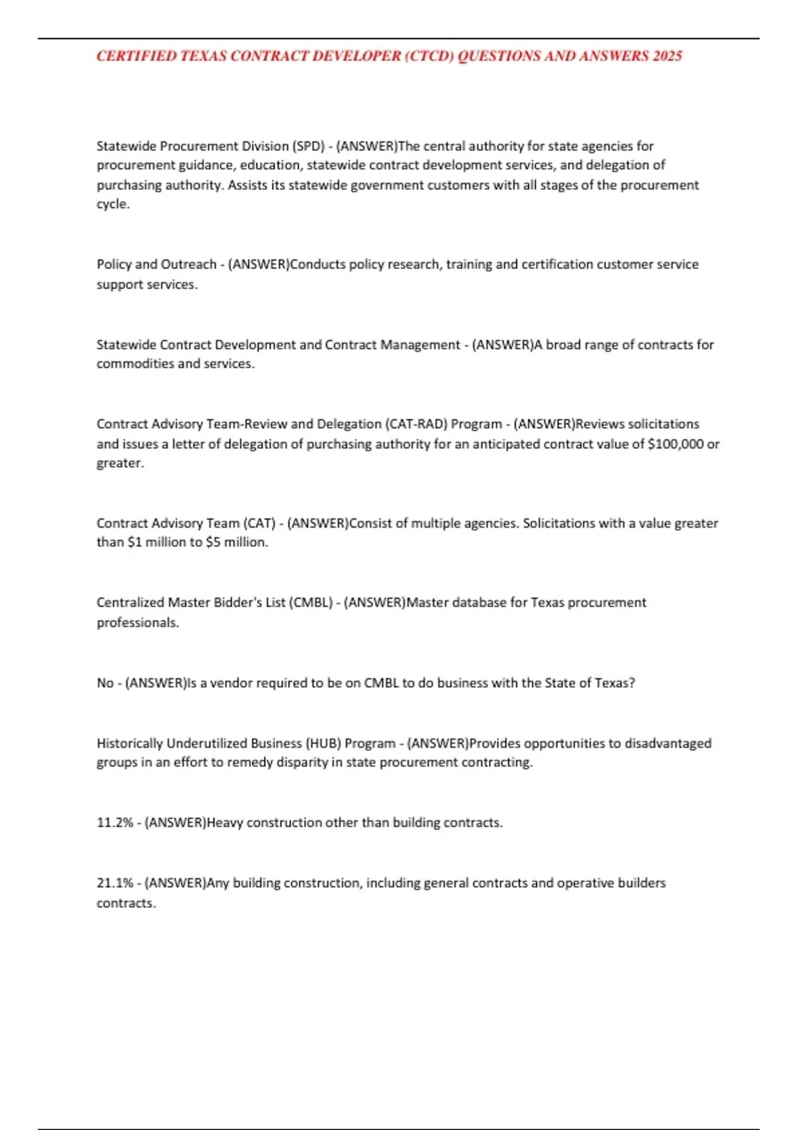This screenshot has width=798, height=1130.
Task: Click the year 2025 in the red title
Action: [667, 56]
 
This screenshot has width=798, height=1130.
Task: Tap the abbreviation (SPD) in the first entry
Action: [309, 146]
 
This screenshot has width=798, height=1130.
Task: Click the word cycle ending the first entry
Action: [112, 204]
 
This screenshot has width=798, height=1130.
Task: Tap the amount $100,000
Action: [675, 443]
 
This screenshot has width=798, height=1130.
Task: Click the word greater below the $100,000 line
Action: [120, 463]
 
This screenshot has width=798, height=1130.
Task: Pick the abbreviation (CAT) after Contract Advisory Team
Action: [259, 523]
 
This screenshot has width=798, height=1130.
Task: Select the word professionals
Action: [138, 622]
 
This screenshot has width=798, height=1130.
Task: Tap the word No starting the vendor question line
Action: [105, 683]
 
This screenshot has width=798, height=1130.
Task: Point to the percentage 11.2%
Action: [115, 822]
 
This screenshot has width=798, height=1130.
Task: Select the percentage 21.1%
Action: [115, 883]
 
